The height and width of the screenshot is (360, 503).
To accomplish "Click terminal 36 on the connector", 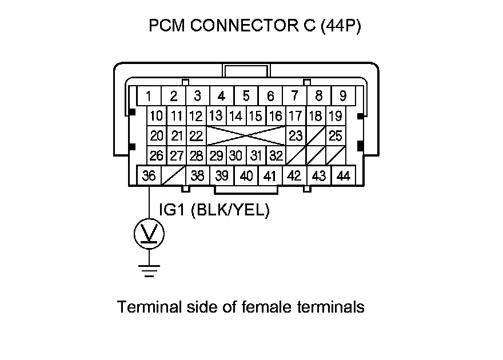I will click(149, 175).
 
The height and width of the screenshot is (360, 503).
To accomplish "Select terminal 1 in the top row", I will click(149, 95).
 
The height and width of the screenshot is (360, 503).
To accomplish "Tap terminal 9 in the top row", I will click(343, 95).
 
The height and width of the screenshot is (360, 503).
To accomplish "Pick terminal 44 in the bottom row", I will click(344, 175).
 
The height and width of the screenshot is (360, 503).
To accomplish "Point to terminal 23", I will click(296, 136).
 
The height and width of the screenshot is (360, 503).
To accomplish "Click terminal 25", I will click(336, 136).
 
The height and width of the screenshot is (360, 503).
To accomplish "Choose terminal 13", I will click(215, 116).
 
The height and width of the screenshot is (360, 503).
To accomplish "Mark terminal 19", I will click(336, 116).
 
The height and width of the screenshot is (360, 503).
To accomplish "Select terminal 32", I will click(276, 155).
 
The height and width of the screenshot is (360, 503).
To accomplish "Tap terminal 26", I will click(156, 155).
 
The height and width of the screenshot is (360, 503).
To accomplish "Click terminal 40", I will click(246, 175).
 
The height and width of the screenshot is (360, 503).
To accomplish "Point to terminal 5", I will click(246, 95).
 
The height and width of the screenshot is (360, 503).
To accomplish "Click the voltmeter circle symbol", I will click(149, 233).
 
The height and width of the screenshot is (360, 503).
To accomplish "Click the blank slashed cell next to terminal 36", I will click(174, 175).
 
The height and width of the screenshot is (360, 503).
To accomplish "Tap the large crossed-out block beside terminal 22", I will click(246, 136).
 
